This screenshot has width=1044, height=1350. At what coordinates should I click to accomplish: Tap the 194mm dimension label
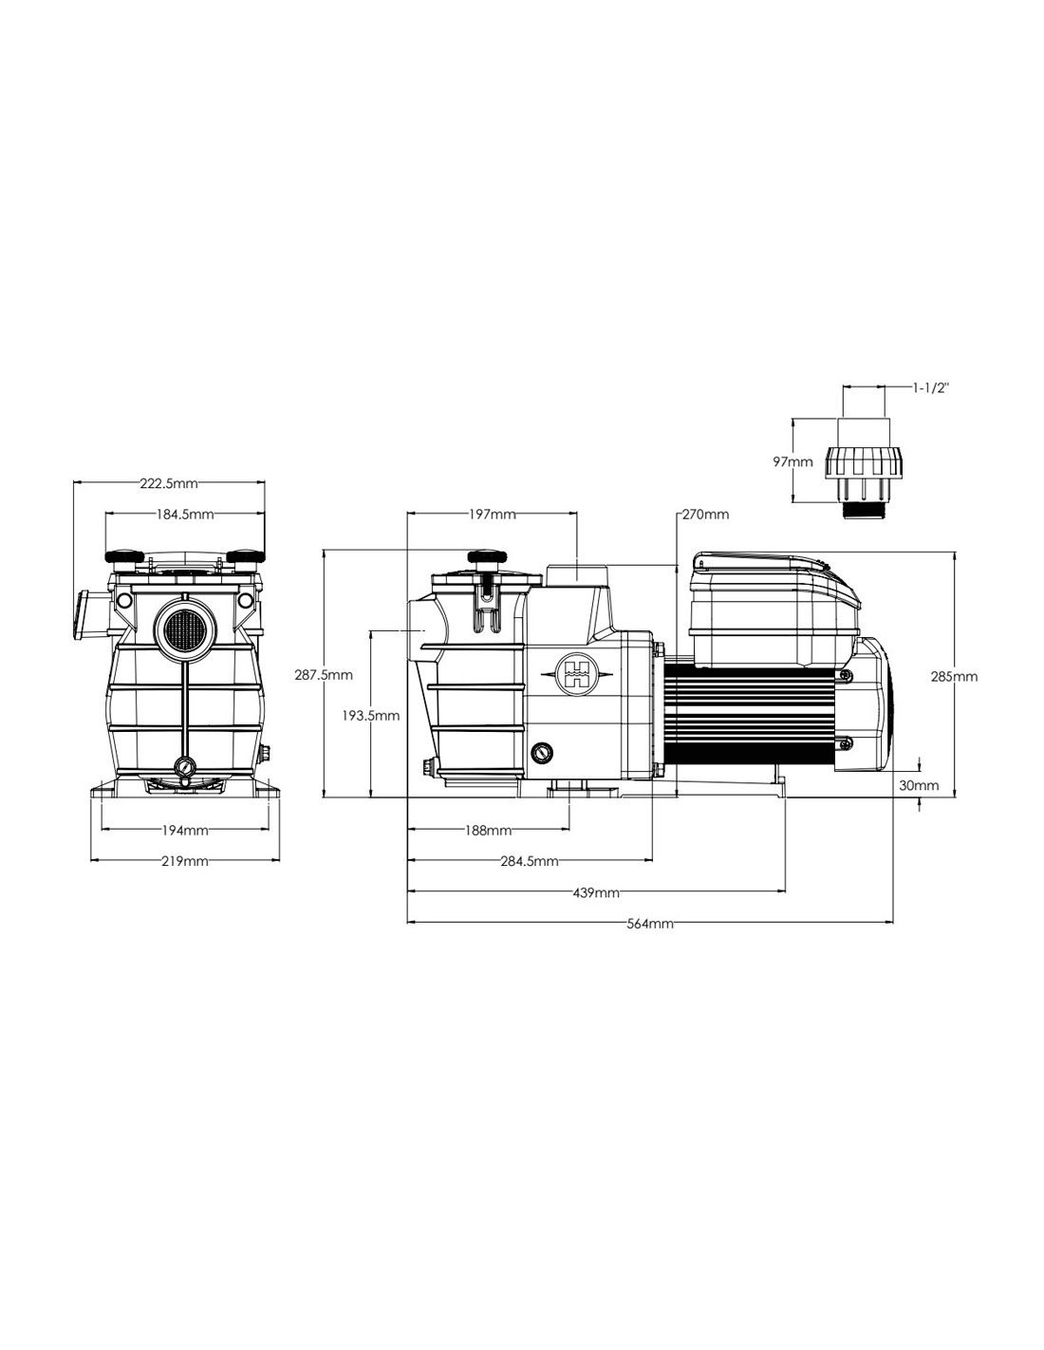185,830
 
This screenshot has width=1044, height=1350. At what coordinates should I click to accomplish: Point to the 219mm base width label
185,861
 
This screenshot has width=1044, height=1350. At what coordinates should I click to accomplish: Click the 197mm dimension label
493,515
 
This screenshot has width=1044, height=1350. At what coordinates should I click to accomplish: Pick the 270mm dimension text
705,515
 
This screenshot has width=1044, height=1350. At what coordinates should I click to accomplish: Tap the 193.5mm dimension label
371,716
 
